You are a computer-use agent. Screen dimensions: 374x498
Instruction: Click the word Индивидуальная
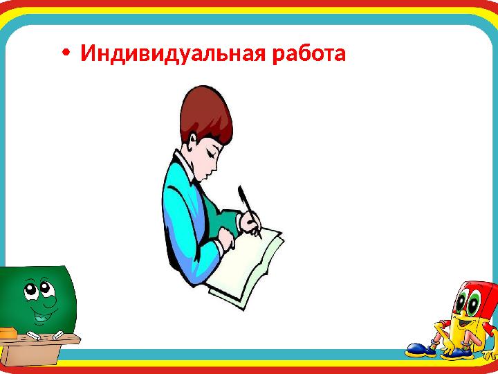coord(172,54)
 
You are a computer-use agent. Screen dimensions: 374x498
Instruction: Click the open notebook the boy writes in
coord(249,267)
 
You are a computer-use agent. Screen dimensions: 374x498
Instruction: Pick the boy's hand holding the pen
coord(251,222)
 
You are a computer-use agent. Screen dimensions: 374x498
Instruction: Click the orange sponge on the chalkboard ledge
coord(8,332)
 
